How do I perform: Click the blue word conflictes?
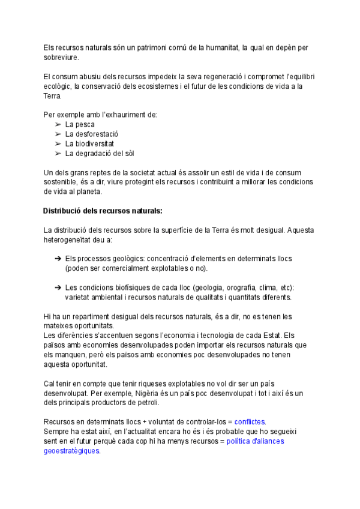click(250, 421)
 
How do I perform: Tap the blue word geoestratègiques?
click(71, 451)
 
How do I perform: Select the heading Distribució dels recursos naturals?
click(103, 211)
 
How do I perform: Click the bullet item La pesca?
click(80, 124)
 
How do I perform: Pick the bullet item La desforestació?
click(92, 134)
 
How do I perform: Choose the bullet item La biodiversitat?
click(89, 143)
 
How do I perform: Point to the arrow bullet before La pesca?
click(58, 124)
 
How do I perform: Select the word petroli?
click(179, 402)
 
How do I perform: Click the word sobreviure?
click(61, 57)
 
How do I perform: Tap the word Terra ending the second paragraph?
click(53, 95)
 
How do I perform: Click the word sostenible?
click(61, 182)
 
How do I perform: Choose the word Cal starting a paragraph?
click(50, 383)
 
